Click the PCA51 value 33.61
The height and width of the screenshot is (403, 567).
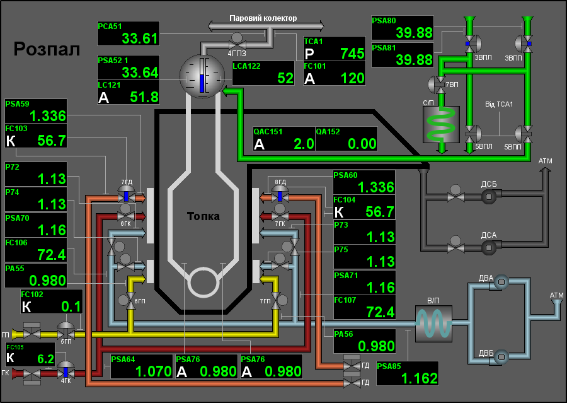(x=140, y=38)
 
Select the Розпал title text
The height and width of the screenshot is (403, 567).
(x=47, y=49)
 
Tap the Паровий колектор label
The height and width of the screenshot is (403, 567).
(x=263, y=18)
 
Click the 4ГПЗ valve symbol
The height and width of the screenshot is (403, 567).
(x=237, y=42)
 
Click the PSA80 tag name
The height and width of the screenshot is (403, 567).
(x=384, y=21)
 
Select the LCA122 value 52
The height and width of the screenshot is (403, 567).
(x=285, y=78)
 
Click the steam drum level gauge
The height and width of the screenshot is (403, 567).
(x=202, y=75)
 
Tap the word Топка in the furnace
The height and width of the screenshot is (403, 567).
(x=203, y=216)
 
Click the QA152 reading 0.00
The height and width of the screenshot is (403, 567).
(x=362, y=144)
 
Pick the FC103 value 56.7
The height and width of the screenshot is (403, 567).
(x=52, y=141)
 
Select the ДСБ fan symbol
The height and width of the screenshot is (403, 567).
(x=488, y=197)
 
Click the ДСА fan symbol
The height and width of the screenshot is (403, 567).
(x=488, y=248)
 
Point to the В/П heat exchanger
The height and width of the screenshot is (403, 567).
(x=433, y=324)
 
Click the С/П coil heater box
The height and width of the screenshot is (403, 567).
(x=441, y=124)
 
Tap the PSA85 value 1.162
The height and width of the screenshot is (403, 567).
(x=420, y=379)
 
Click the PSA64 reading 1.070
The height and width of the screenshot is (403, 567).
(x=153, y=371)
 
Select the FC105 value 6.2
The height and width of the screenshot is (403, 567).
(x=45, y=359)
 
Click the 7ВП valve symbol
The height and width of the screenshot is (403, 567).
(x=438, y=84)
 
